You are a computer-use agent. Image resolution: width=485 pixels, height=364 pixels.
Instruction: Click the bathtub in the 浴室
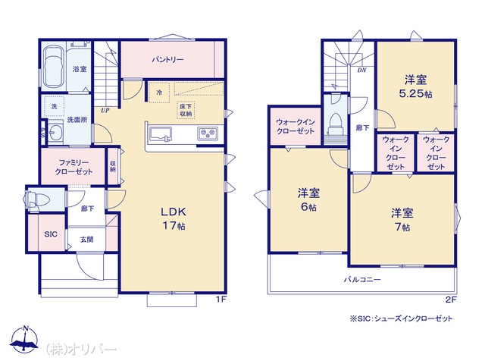[54, 67]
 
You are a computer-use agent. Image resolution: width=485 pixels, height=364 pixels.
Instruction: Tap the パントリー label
[167, 59]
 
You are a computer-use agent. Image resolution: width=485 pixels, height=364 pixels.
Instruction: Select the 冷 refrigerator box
[159, 93]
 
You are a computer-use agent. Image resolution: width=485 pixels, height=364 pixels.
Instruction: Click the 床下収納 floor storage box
[186, 110]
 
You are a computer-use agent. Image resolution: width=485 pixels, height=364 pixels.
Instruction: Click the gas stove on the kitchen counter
[208, 134]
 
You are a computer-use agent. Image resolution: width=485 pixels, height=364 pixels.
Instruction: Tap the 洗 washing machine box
[54, 106]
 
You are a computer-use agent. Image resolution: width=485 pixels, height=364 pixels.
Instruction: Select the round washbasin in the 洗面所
[55, 134]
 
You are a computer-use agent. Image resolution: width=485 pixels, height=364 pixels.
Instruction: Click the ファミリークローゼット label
[74, 167]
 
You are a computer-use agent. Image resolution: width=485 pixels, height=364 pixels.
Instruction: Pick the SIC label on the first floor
[51, 234]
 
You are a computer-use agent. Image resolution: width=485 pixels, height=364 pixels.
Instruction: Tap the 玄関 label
[86, 240]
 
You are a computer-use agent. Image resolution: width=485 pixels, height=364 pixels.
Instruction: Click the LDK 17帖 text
[174, 218]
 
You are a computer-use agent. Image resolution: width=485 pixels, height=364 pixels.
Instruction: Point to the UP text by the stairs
[105, 111]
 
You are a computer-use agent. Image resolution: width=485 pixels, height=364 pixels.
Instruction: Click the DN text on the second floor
[362, 71]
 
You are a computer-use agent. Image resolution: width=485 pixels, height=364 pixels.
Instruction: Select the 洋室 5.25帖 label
[416, 86]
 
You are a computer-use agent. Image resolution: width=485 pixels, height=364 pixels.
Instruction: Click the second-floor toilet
[336, 124]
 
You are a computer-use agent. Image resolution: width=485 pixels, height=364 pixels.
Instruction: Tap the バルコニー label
[362, 280]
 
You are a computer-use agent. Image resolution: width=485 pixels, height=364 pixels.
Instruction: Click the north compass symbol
[25, 339]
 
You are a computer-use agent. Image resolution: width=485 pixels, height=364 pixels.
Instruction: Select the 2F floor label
[452, 300]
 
